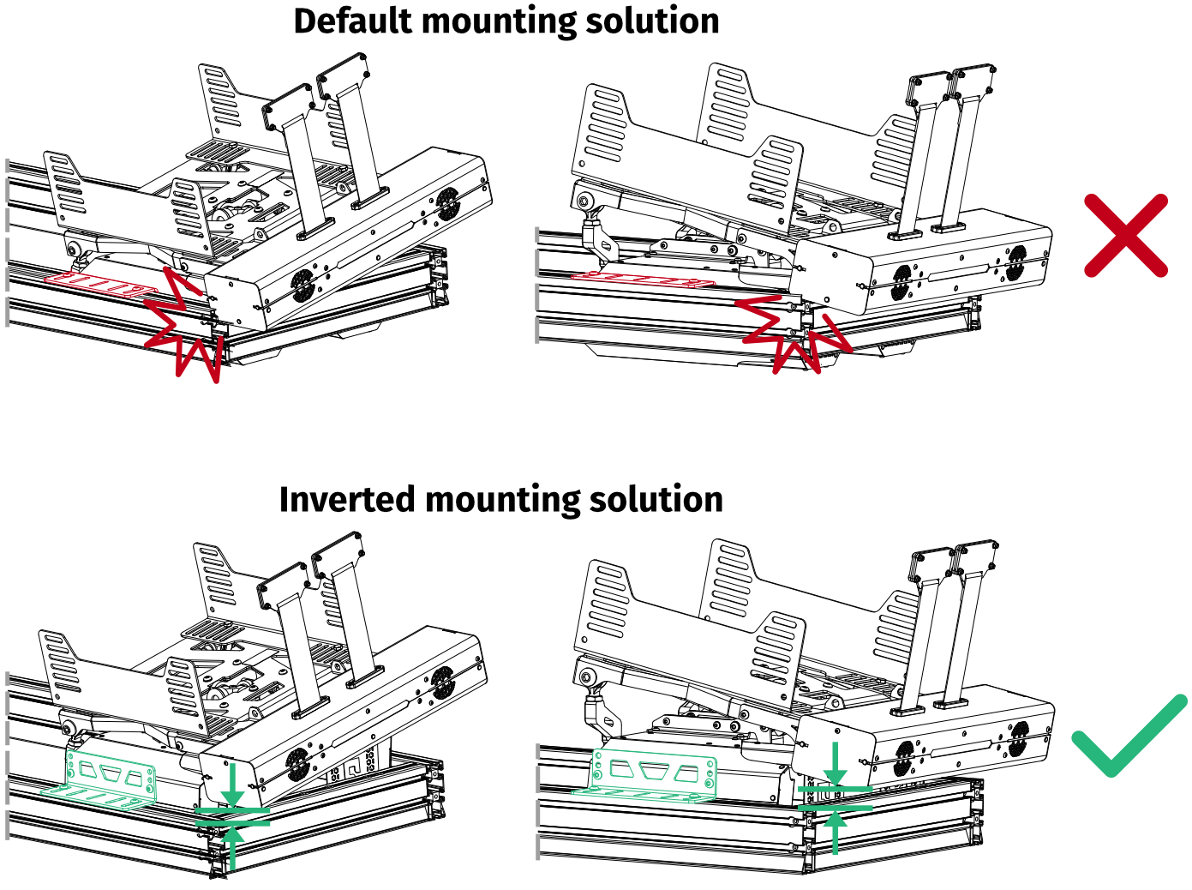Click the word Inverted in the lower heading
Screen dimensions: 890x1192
[346, 499]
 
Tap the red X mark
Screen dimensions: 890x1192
[1125, 235]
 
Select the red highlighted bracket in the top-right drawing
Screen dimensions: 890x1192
[651, 277]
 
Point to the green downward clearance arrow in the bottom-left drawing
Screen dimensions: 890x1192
[231, 787]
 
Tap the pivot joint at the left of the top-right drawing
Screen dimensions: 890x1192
[586, 202]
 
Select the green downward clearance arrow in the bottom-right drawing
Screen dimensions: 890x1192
[836, 766]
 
